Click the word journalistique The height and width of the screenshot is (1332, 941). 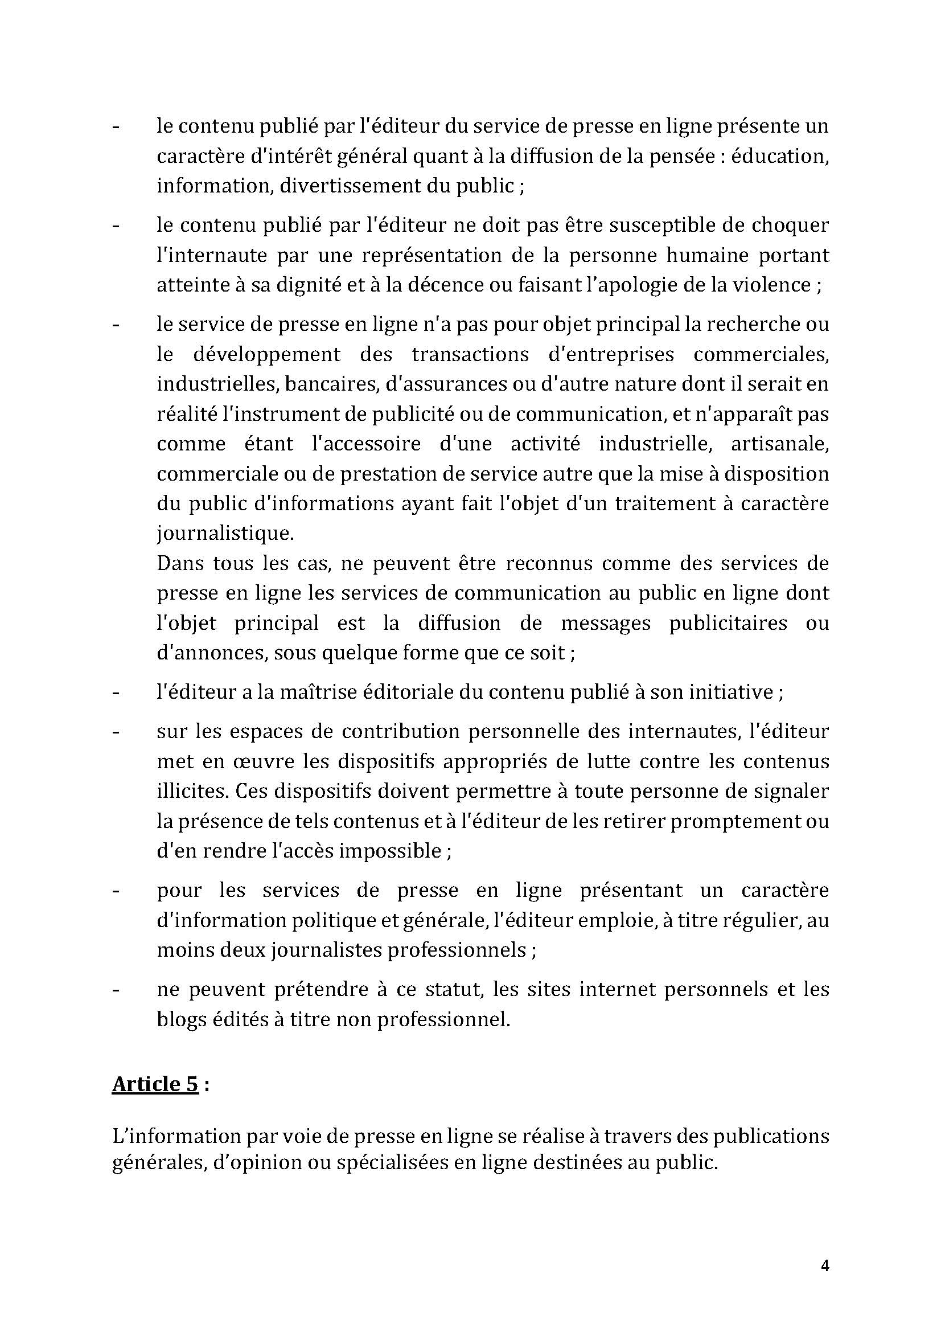click(225, 533)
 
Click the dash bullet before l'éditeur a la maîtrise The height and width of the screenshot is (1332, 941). click(116, 692)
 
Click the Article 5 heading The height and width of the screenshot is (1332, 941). click(155, 1084)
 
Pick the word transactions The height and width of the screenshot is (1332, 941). click(470, 354)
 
